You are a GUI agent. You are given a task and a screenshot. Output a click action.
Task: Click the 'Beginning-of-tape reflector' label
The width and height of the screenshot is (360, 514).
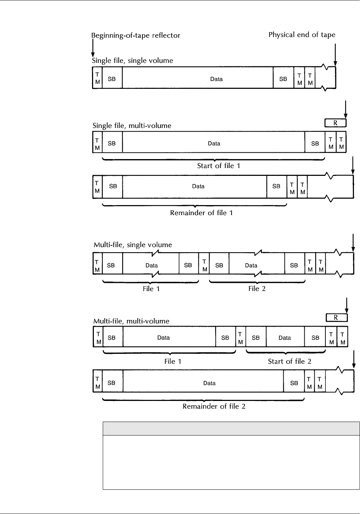(136, 35)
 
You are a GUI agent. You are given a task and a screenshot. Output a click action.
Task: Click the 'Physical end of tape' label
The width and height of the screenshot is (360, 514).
(302, 35)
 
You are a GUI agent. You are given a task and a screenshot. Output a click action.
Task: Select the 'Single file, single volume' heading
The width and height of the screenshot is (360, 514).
(133, 60)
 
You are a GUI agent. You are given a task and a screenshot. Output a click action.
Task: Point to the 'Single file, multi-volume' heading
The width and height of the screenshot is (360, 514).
(132, 126)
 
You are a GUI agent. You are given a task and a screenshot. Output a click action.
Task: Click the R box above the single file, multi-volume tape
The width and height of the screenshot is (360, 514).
(335, 123)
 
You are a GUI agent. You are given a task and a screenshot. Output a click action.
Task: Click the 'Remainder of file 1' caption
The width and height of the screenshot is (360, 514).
(202, 213)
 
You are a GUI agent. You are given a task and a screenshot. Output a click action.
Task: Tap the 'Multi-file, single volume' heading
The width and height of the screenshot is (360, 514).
(133, 245)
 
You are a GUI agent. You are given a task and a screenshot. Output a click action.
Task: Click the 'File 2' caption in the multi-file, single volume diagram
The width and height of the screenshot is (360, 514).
(257, 288)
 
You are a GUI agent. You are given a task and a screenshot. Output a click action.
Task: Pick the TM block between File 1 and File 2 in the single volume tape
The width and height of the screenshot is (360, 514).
(204, 265)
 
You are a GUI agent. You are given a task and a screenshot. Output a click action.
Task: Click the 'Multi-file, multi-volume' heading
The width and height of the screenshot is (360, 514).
(131, 321)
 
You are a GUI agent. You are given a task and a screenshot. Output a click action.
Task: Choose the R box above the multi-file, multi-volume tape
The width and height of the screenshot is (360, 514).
(336, 317)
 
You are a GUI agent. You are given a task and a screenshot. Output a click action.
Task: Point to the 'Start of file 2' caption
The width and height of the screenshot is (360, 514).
(289, 361)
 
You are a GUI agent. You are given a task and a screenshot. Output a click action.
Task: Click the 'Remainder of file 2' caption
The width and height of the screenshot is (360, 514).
(214, 406)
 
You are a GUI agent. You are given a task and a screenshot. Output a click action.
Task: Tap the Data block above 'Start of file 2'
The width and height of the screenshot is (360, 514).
(285, 337)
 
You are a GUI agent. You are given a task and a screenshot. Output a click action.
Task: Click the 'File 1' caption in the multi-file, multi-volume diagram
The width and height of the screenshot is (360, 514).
(173, 361)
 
